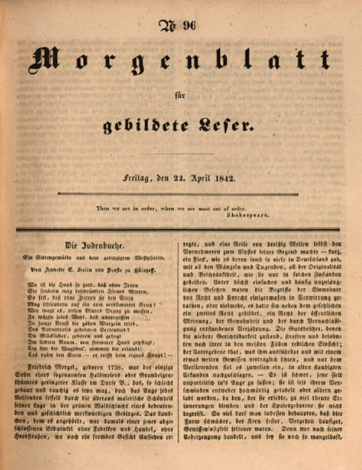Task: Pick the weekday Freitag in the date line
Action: pos(135,178)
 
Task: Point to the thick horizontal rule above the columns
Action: pos(181,229)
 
